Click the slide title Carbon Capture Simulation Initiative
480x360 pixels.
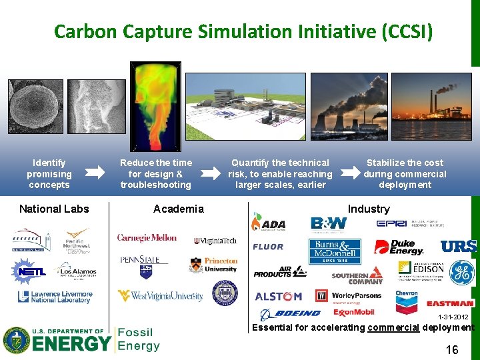243,31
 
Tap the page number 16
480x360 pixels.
451,349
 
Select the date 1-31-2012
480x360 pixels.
453,317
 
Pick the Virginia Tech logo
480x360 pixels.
215,241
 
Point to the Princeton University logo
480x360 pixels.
213,265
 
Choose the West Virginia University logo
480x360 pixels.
160,295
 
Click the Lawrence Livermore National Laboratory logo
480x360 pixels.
55,297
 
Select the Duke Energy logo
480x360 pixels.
399,247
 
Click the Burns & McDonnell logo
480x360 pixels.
334,251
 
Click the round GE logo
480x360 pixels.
461,272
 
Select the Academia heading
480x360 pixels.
178,209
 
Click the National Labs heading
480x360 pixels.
54,209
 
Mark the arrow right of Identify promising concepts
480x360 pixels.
96,173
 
